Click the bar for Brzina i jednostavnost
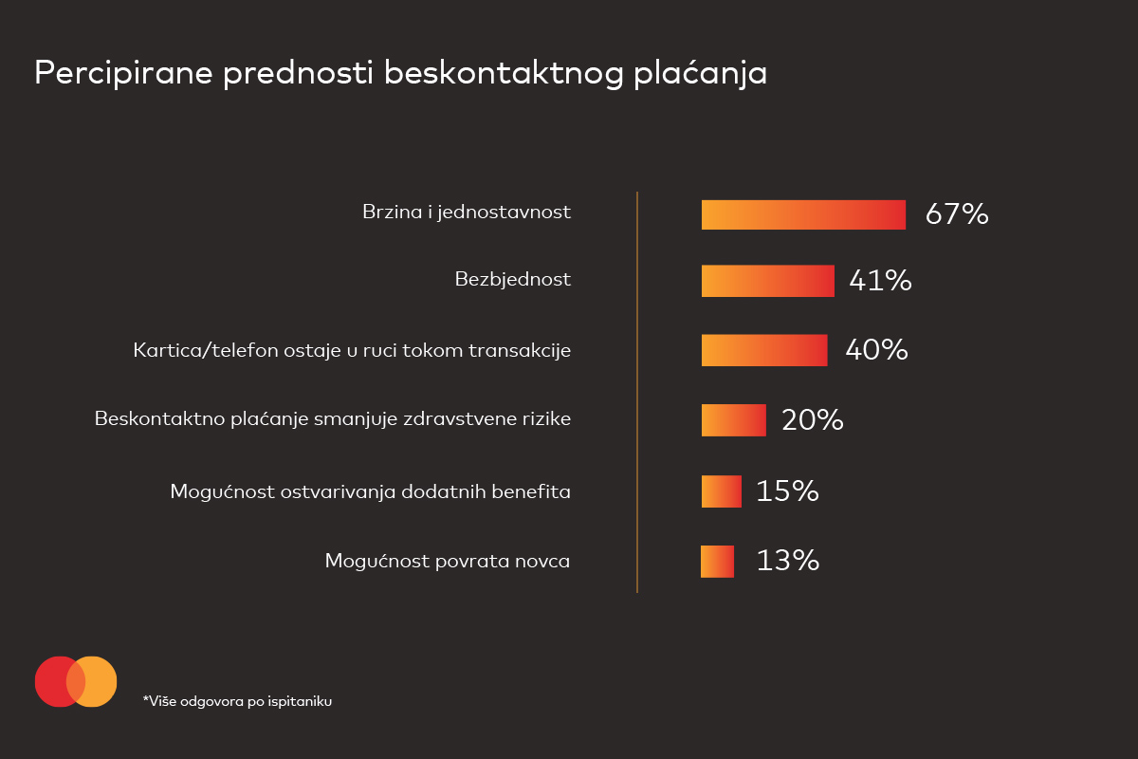point(803,214)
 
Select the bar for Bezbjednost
point(767,281)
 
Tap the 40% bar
point(764,350)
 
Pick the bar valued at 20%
point(733,420)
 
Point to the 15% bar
point(721,491)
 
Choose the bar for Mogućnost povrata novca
point(717,561)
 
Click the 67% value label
point(957,214)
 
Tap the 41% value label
point(880,281)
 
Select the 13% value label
point(787,561)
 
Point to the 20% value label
point(812,420)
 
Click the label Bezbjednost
point(512,280)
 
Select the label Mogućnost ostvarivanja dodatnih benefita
point(370,491)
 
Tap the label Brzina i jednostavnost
point(467,212)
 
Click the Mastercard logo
point(76,681)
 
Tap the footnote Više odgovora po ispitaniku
point(237,702)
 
